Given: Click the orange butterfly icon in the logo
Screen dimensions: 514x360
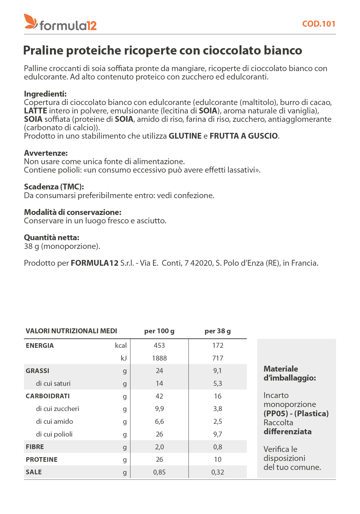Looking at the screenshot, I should [x=31, y=21].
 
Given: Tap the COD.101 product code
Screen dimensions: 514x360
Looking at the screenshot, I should [x=318, y=24].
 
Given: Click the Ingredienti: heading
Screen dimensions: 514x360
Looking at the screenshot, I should [x=45, y=94].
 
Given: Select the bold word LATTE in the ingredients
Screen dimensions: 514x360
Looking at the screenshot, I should [x=35, y=111].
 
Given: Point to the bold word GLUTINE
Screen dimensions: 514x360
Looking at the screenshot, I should [x=185, y=136].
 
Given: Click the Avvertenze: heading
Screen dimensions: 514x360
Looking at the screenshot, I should [x=46, y=153].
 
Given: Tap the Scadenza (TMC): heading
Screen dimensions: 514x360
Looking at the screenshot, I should [x=54, y=187].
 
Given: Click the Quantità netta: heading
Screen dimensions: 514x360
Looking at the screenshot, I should [x=52, y=238].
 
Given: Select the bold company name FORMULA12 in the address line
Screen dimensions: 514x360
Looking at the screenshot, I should [x=95, y=263].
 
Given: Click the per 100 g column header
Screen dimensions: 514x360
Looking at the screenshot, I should [x=159, y=331].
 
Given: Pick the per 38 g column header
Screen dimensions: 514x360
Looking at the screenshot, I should [x=217, y=331].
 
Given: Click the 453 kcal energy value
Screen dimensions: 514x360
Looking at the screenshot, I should [x=159, y=345].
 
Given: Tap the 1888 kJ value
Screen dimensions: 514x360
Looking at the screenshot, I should [x=159, y=358].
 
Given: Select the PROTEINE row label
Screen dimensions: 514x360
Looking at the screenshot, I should [x=42, y=459].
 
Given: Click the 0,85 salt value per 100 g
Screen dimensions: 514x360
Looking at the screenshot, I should [x=159, y=472].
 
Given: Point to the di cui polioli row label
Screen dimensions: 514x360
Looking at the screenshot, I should [x=54, y=434].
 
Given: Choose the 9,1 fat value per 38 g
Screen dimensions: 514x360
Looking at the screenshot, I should [x=217, y=371].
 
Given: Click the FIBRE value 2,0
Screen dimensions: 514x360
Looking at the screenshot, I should [x=159, y=447].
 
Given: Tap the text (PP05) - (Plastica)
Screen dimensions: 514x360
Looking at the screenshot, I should [x=296, y=413].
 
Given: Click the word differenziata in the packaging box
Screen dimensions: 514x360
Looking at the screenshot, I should [x=287, y=432].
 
